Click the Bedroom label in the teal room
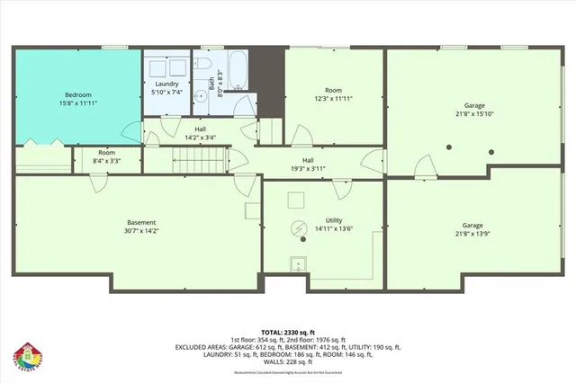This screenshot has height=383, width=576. click(x=78, y=95)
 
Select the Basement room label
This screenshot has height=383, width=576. click(x=141, y=222)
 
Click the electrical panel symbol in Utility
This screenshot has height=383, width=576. click(x=298, y=230)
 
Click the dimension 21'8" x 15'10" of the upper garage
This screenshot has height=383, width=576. click(x=475, y=114)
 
